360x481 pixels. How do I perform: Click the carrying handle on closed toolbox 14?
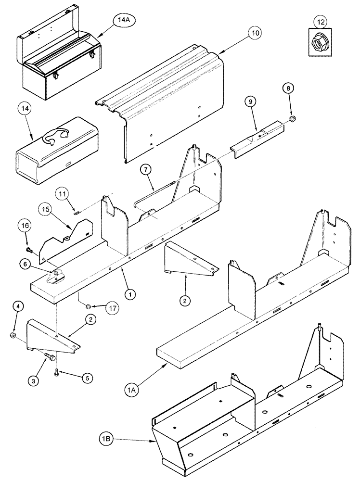pos(51,139)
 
